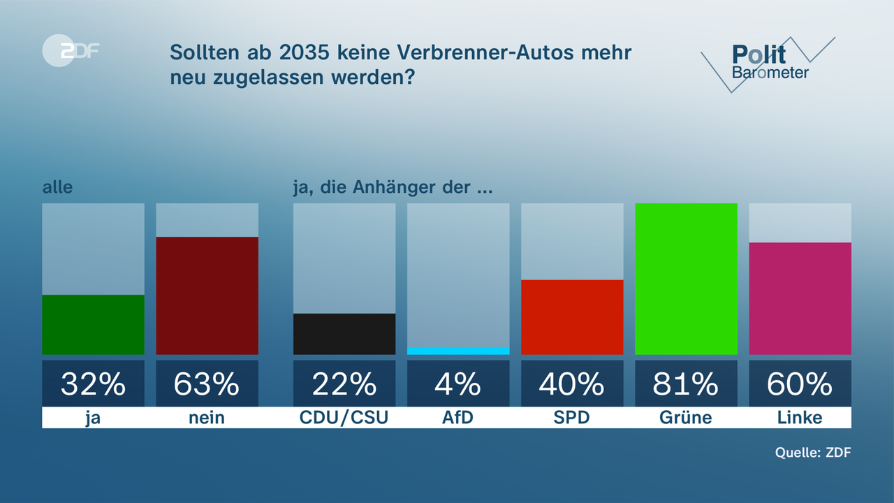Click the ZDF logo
click(70, 50)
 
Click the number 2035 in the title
click(299, 52)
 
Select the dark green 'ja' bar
click(93, 325)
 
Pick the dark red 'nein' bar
click(207, 296)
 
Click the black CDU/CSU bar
click(344, 334)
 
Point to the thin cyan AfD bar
click(458, 351)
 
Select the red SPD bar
click(572, 317)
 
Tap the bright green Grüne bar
click(686, 279)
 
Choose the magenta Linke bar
click(800, 298)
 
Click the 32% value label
click(93, 384)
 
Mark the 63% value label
click(207, 384)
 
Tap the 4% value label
click(458, 384)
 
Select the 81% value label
click(686, 384)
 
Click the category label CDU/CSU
click(344, 418)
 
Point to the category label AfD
click(458, 418)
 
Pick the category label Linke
click(800, 418)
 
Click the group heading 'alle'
click(57, 187)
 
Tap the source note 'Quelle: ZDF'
click(813, 452)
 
